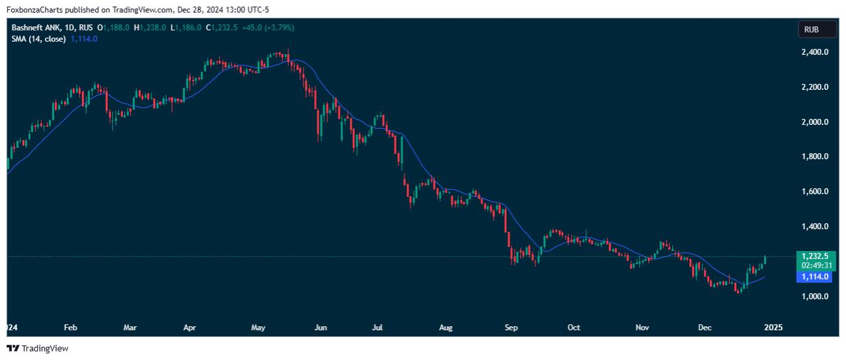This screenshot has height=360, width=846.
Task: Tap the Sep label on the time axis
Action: (x=510, y=327)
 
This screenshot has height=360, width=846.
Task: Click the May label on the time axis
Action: (x=258, y=327)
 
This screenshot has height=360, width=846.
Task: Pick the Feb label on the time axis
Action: (x=70, y=327)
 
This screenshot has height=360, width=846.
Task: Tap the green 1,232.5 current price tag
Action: (x=815, y=256)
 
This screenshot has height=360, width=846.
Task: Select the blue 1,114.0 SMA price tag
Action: (x=815, y=277)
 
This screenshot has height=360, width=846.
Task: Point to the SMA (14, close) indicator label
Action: (x=38, y=39)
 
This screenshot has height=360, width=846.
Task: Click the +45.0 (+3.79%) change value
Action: (x=268, y=28)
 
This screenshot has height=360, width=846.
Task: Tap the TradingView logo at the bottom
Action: (x=38, y=348)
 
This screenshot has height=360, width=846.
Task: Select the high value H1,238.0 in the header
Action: (x=149, y=28)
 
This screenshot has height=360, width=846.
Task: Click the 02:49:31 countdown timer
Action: (x=815, y=265)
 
